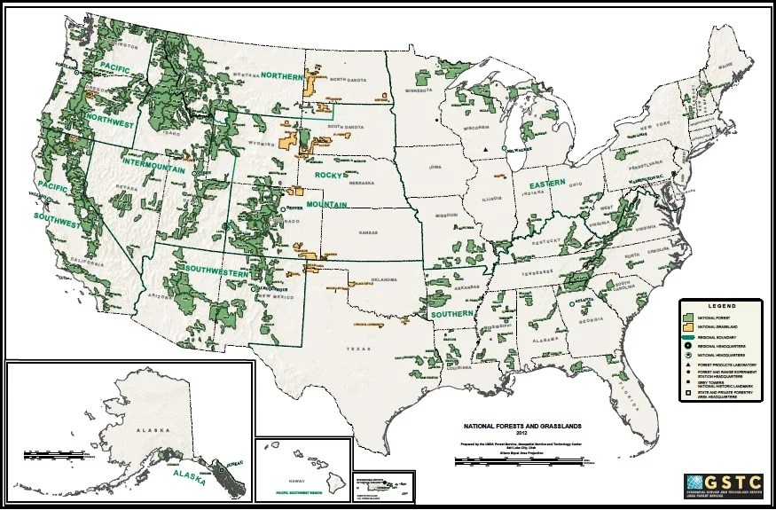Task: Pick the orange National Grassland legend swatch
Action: coord(688,326)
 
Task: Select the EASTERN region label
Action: coord(547,185)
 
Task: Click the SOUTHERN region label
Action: coord(451,314)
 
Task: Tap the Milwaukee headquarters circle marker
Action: coord(505,148)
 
